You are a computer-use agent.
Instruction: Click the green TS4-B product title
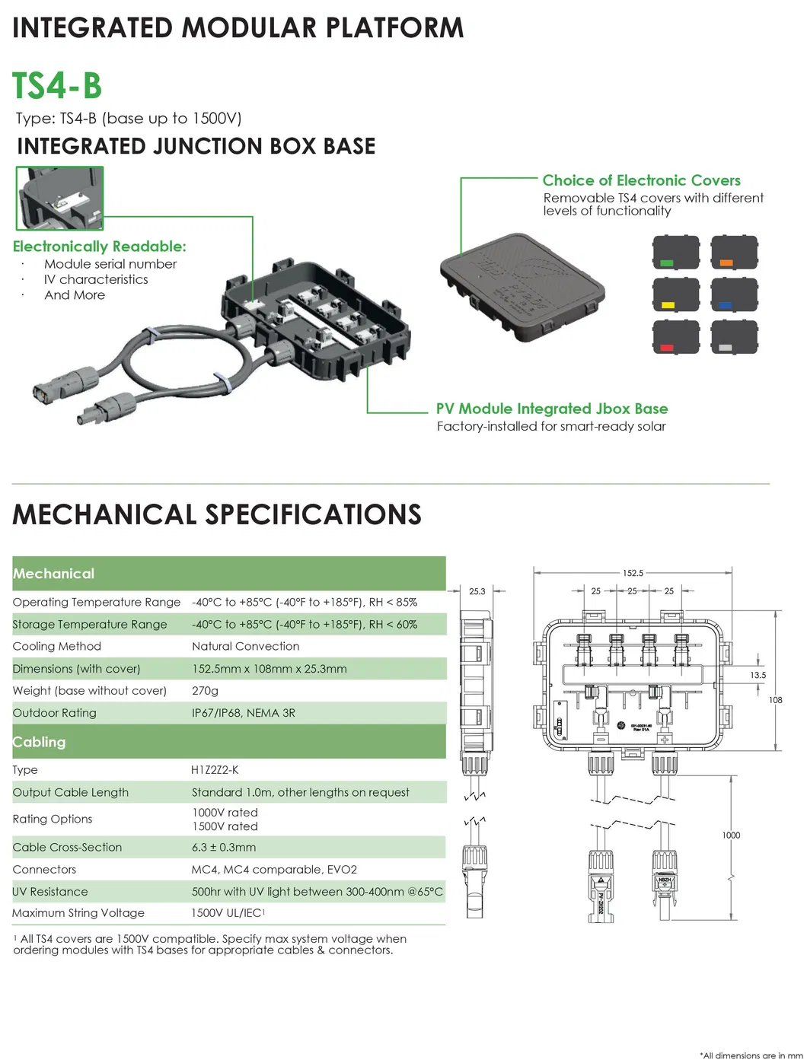point(57,85)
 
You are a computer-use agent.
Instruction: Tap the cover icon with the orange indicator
point(734,253)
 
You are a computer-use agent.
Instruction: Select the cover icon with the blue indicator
point(734,294)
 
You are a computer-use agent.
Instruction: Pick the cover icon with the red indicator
point(676,337)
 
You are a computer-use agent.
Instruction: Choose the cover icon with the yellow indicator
point(676,294)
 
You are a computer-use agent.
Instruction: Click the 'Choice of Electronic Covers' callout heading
point(641,180)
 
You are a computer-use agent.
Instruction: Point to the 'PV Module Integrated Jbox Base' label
point(551,409)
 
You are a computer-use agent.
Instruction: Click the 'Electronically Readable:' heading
point(99,247)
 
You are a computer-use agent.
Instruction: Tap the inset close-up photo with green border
point(59,198)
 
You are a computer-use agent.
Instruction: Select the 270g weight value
point(205,691)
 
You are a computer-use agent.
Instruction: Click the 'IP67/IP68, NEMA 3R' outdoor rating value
point(243,713)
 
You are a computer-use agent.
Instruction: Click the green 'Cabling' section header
point(40,742)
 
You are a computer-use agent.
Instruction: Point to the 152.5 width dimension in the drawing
point(633,573)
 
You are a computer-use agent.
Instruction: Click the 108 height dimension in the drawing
point(776,700)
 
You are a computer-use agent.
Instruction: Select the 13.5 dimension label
point(758,676)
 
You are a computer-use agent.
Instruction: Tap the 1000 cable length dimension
point(731,835)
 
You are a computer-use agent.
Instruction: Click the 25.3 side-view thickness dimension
point(477,591)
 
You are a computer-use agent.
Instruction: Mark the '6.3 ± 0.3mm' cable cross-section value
point(224,848)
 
